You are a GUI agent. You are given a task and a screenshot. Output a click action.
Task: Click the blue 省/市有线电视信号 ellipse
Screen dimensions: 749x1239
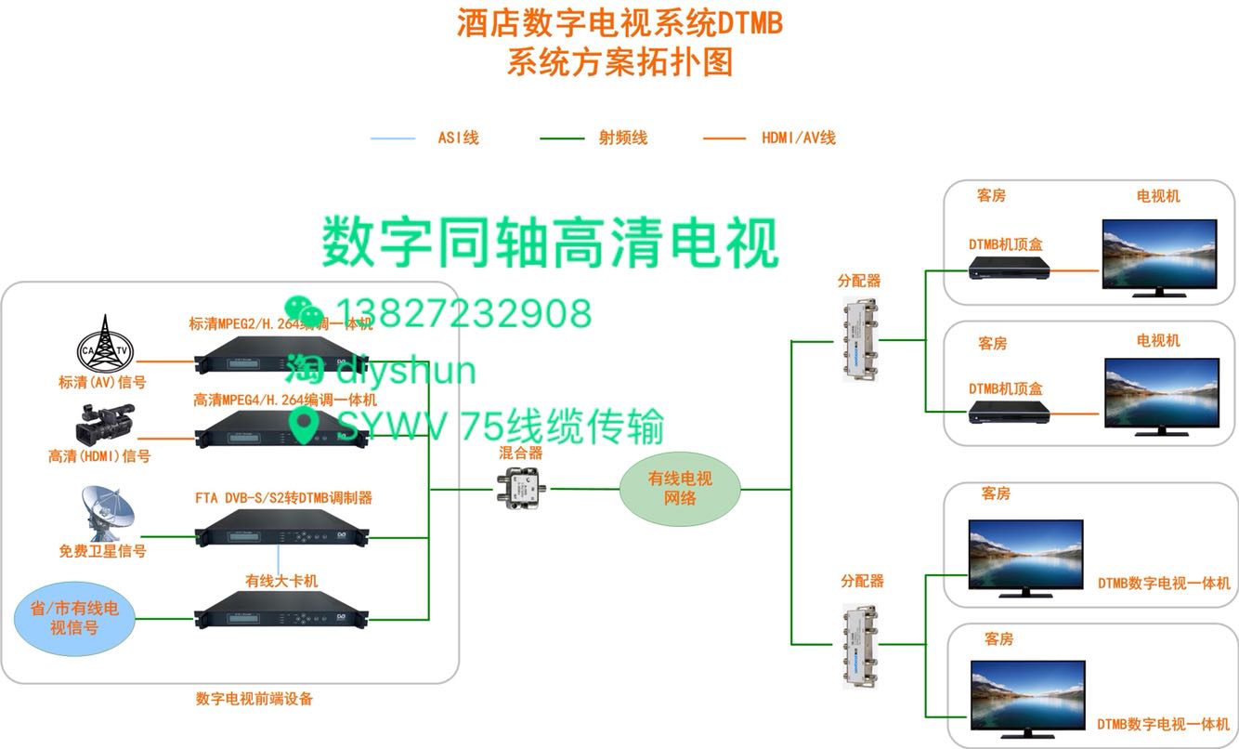pyautogui.click(x=74, y=619)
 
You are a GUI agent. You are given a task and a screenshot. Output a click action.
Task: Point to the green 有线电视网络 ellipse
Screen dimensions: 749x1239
pyautogui.click(x=679, y=489)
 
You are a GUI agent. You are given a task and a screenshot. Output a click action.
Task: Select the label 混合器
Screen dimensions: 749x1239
pyautogui.click(x=520, y=453)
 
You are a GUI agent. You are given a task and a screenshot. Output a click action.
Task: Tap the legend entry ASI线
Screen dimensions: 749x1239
pyautogui.click(x=458, y=138)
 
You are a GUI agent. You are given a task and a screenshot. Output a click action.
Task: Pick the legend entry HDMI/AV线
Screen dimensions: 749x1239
pyautogui.click(x=798, y=138)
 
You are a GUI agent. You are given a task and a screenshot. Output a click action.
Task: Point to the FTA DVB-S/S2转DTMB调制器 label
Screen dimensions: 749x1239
pyautogui.click(x=283, y=497)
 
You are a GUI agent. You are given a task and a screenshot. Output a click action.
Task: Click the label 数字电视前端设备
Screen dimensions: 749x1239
pyautogui.click(x=254, y=699)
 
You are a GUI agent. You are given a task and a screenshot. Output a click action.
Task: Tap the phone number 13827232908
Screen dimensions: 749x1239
pyautogui.click(x=463, y=314)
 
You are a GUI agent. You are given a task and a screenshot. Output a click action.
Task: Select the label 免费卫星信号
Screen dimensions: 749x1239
pyautogui.click(x=102, y=551)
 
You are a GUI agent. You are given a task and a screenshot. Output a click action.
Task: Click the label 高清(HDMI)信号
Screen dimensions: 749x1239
pyautogui.click(x=99, y=456)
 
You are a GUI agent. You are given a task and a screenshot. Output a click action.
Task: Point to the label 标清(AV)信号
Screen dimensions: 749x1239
pyautogui.click(x=101, y=381)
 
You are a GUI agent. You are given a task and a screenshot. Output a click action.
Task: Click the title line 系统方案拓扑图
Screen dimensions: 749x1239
pyautogui.click(x=619, y=62)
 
